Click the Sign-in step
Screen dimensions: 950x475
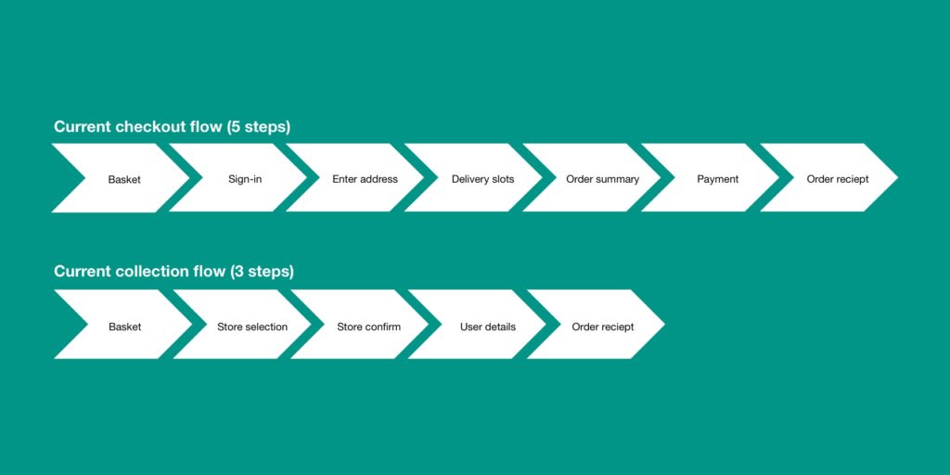pyautogui.click(x=245, y=178)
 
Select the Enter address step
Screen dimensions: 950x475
pyautogui.click(x=365, y=178)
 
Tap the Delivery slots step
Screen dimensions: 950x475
pyautogui.click(x=482, y=178)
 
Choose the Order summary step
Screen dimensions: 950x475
pyautogui.click(x=602, y=178)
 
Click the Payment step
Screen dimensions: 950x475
pyautogui.click(x=717, y=178)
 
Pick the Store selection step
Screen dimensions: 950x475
pyautogui.click(x=252, y=327)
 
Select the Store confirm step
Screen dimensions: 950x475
pyautogui.click(x=368, y=327)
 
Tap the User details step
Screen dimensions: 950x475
pyautogui.click(x=488, y=327)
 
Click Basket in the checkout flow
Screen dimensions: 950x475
pyautogui.click(x=124, y=178)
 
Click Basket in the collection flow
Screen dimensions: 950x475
pyautogui.click(x=125, y=327)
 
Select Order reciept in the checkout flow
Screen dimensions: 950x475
pyautogui.click(x=838, y=178)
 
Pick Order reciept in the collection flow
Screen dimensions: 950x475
pyautogui.click(x=603, y=327)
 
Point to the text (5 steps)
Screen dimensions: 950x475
pyautogui.click(x=258, y=127)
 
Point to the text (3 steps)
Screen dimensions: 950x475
pyautogui.click(x=262, y=272)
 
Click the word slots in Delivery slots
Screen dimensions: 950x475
pyautogui.click(x=503, y=179)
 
